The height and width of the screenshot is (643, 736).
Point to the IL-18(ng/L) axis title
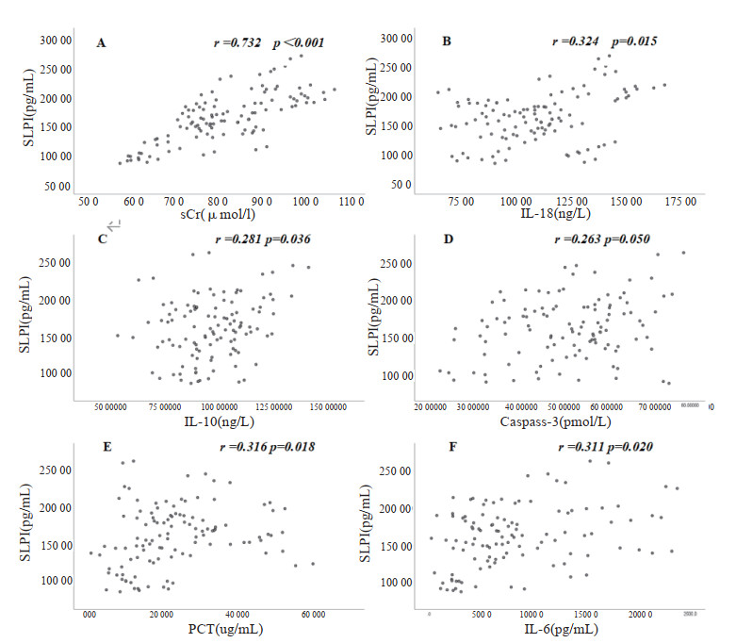pyautogui.click(x=575, y=215)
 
